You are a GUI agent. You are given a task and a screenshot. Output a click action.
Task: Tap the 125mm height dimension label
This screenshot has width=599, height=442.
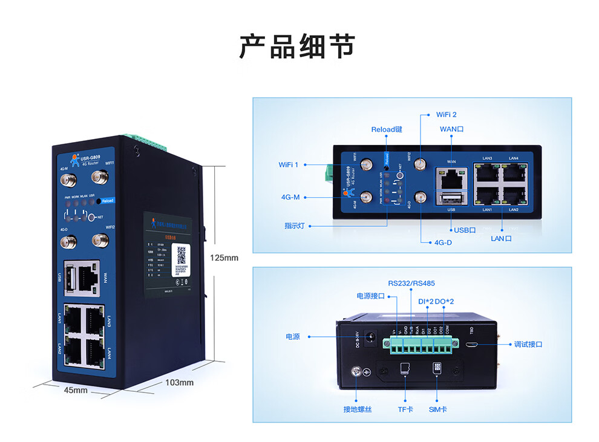[224, 258]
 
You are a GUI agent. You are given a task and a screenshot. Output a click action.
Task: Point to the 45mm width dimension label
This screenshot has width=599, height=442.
[76, 391]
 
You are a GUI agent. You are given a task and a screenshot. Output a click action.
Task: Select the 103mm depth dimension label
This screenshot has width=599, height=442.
[179, 383]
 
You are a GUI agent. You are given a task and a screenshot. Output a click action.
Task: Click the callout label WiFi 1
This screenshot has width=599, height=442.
[289, 164]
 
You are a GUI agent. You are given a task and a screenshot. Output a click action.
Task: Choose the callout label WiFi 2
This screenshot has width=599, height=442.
[447, 114]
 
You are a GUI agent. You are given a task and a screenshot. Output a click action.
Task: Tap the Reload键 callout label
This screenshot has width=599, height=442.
[387, 129]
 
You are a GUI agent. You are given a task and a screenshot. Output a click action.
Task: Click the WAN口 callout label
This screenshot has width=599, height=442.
[451, 129]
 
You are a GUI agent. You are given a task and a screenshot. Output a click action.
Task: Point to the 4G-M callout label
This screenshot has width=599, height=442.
[291, 197]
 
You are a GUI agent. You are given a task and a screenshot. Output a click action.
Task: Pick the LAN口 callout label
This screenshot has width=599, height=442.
[501, 238]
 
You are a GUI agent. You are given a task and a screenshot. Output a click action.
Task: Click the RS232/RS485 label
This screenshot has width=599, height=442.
[411, 283]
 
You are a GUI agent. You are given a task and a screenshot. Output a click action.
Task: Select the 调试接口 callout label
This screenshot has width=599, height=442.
[528, 344]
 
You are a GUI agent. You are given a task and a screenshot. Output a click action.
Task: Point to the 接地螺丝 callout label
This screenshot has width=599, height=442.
[358, 409]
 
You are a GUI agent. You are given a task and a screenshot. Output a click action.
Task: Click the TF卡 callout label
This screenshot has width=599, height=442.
[405, 409]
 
